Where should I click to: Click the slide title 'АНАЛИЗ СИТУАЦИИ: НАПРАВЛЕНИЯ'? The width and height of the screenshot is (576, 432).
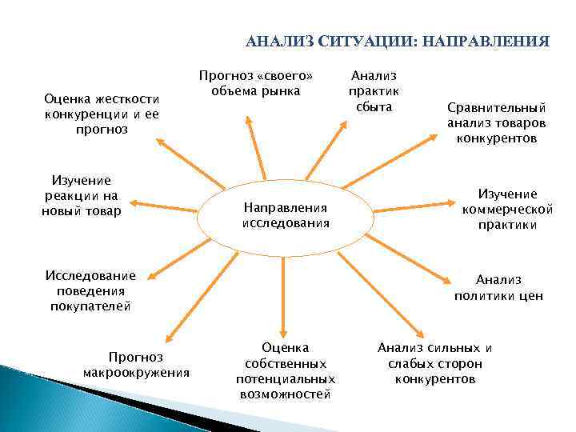[x=397, y=41]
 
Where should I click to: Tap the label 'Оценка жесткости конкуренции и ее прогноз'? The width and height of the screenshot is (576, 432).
[x=103, y=114]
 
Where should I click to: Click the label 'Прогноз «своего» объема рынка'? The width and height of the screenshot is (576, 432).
[x=256, y=83]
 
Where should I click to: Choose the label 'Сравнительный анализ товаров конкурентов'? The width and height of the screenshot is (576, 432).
[x=496, y=122]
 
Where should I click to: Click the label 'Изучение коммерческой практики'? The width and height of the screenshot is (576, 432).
[x=508, y=209]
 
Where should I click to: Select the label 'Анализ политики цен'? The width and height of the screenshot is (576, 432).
[x=498, y=287]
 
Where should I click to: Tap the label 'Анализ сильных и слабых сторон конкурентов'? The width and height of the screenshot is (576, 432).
[x=435, y=362]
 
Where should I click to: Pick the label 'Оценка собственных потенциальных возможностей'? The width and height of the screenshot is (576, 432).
[x=286, y=370]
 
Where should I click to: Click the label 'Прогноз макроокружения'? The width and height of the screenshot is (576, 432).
[x=136, y=364]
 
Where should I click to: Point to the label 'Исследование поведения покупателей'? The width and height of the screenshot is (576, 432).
[x=90, y=290]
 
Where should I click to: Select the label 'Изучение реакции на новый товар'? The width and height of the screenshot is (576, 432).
[x=81, y=196]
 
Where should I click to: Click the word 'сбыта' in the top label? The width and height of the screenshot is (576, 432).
[x=374, y=106]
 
